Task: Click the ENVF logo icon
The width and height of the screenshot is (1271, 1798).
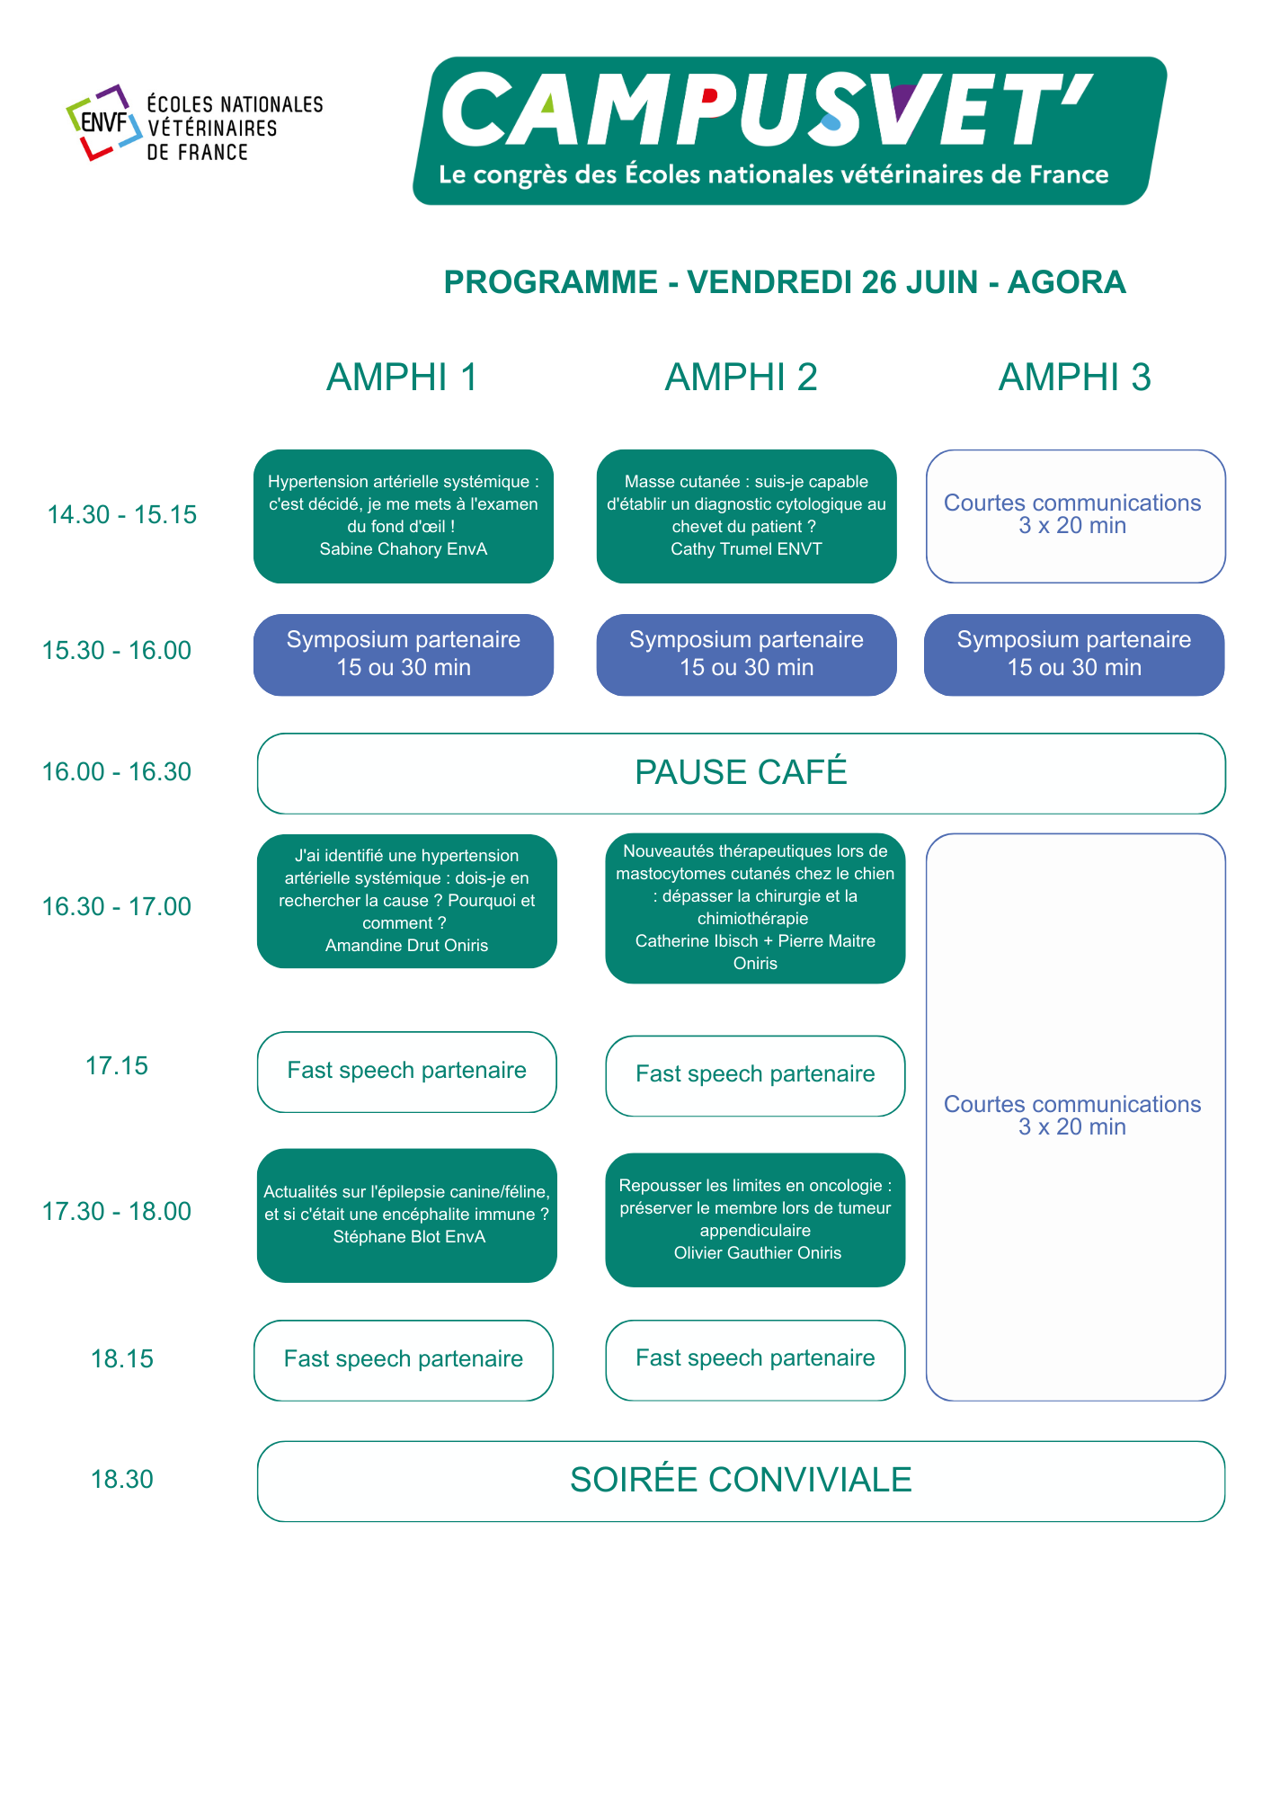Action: (x=104, y=122)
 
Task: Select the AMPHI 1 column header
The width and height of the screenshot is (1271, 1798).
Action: (x=402, y=378)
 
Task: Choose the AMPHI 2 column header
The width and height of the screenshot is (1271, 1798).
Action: (x=741, y=378)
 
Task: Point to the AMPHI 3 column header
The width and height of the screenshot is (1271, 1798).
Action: (x=1074, y=378)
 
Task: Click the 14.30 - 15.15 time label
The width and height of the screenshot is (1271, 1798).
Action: (x=121, y=515)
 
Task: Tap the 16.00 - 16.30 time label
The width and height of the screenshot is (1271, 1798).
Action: (x=117, y=772)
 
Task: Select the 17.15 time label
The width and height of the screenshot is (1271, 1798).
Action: (x=117, y=1066)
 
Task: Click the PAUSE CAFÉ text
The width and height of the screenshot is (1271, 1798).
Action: (x=741, y=773)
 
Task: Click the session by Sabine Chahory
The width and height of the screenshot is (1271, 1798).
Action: (x=404, y=516)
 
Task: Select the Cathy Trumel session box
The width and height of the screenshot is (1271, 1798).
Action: (x=746, y=516)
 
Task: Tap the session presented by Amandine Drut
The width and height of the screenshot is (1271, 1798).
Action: (x=406, y=901)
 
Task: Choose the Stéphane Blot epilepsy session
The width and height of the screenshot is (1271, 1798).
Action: (x=406, y=1215)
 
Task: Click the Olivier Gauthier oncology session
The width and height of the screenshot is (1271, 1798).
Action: (x=755, y=1220)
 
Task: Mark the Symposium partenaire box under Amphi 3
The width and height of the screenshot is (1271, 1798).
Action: (x=1074, y=654)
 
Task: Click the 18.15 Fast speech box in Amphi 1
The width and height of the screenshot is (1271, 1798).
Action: (x=404, y=1359)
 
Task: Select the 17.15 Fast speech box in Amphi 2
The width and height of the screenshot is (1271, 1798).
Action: (x=755, y=1075)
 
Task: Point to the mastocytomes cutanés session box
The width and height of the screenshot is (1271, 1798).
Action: (x=755, y=908)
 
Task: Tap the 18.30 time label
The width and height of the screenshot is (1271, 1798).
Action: (x=122, y=1480)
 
